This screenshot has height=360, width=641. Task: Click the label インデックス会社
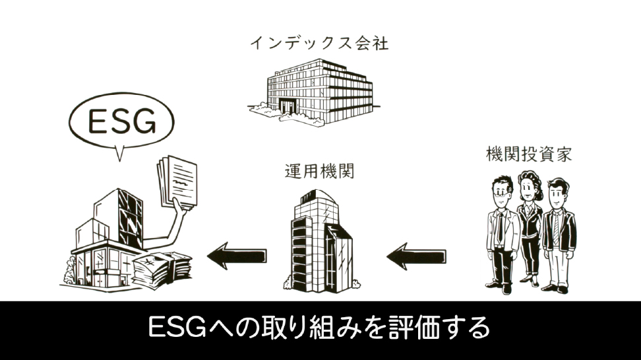coord(319,44)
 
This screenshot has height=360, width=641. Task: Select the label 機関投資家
coord(528,156)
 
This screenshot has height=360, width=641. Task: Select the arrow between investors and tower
coord(415,254)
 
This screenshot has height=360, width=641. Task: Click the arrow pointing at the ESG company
coord(237,254)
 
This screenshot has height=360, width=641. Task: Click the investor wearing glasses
coord(501,231)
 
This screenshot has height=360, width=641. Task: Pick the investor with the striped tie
coord(558,234)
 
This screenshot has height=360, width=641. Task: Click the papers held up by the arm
coord(178,181)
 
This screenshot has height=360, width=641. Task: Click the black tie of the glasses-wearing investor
coord(501,228)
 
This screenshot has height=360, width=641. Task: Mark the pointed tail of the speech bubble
coord(119,156)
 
